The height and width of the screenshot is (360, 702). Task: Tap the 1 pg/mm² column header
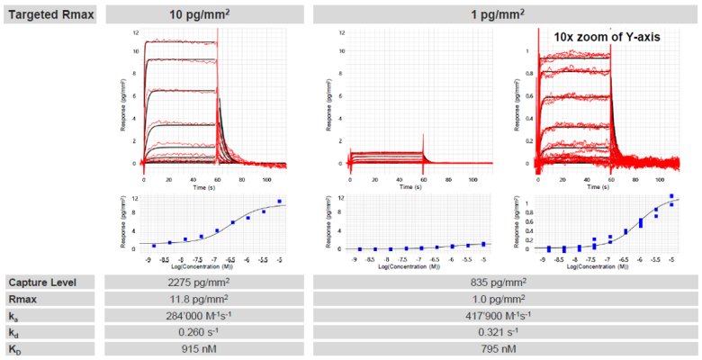[x=504, y=14]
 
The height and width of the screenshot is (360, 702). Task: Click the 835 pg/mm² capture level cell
[x=504, y=283]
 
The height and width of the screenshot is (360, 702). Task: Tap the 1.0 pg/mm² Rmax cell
[x=504, y=300]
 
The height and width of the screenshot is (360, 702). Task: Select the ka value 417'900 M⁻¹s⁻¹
[x=504, y=316]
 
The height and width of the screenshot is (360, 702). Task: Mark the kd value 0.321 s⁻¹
[x=504, y=332]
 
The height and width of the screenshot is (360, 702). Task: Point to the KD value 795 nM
[x=504, y=349]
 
